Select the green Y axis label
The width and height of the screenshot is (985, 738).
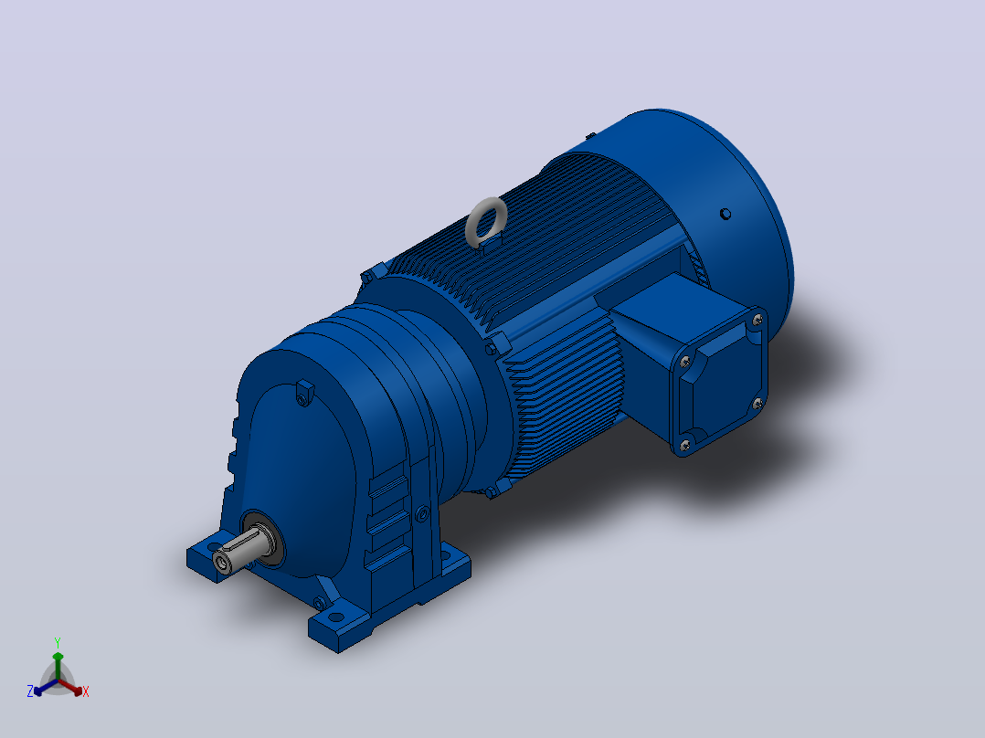58,642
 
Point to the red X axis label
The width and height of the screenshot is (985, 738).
86,691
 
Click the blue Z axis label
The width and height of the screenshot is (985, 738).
29,691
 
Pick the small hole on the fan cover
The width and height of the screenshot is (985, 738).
725,214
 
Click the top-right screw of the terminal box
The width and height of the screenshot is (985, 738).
757,321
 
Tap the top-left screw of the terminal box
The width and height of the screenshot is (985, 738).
685,361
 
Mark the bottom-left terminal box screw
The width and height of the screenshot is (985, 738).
684,445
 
